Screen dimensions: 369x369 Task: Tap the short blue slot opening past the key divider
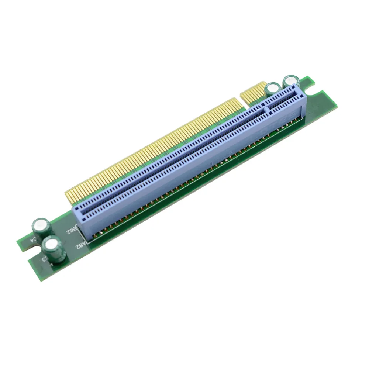[284, 101]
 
